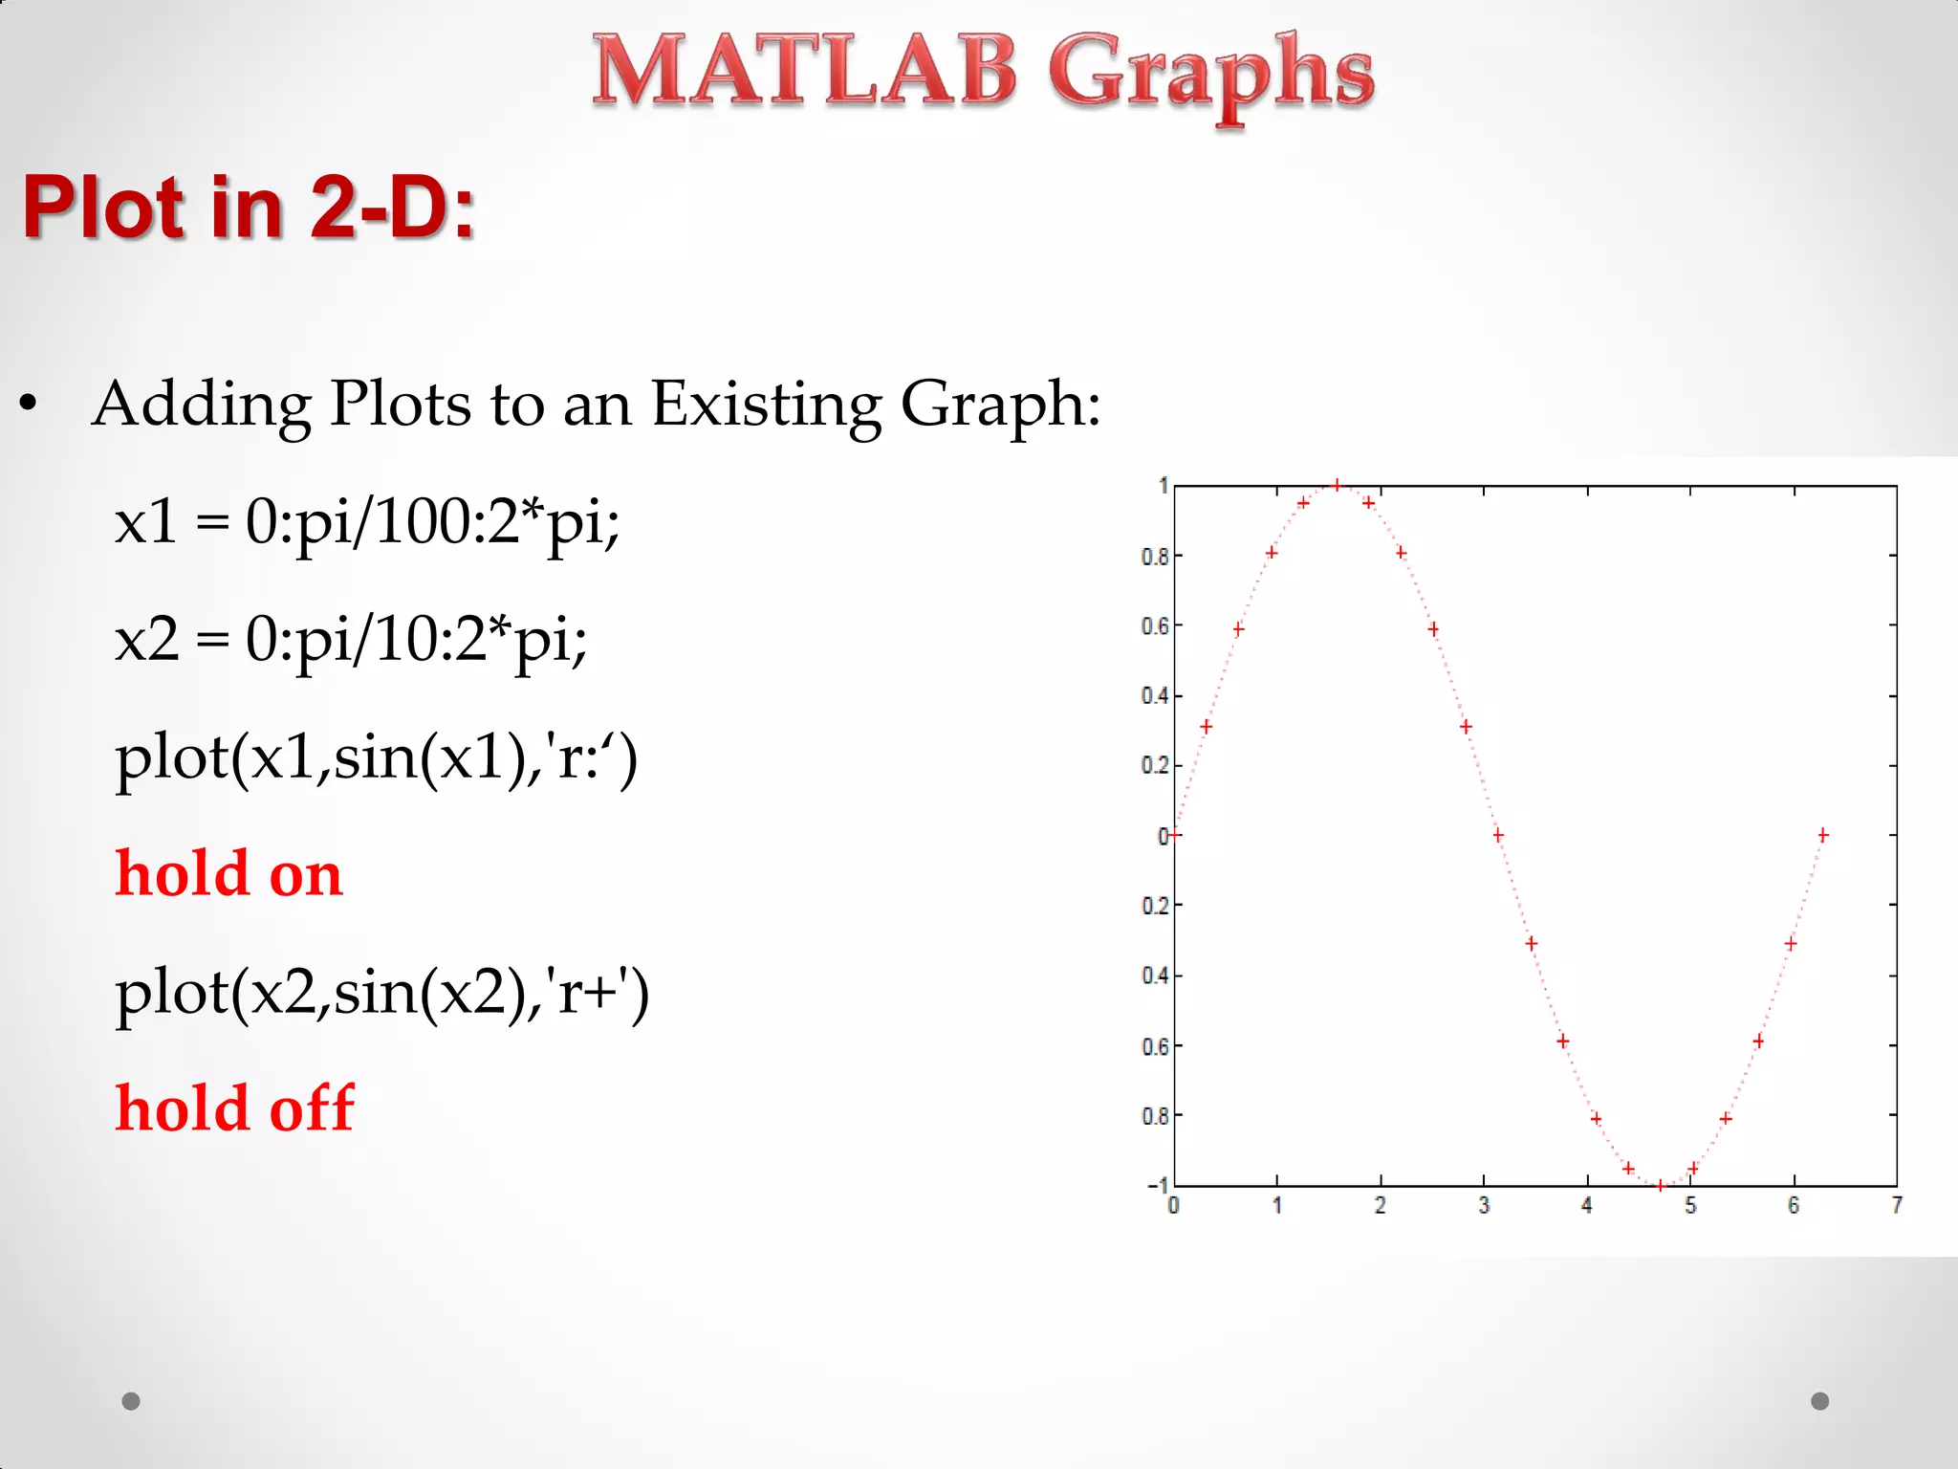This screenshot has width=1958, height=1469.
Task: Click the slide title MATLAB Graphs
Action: pyautogui.click(x=983, y=73)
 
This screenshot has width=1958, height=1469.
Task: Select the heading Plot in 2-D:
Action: pyautogui.click(x=249, y=207)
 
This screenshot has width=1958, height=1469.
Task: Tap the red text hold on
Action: pyautogui.click(x=228, y=873)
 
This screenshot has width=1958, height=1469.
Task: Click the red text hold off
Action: pyautogui.click(x=234, y=1107)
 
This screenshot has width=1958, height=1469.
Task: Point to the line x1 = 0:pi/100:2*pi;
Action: pyautogui.click(x=367, y=523)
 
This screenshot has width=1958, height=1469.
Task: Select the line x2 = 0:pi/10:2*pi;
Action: pyautogui.click(x=351, y=640)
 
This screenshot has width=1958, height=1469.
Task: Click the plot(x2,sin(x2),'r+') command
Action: pyautogui.click(x=381, y=992)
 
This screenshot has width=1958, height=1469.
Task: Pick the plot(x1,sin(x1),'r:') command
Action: pyautogui.click(x=376, y=757)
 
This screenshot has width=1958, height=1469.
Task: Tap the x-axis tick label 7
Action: pyautogui.click(x=1897, y=1206)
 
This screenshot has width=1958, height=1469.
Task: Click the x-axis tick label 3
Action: pyautogui.click(x=1484, y=1206)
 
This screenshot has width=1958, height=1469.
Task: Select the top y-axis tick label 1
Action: pyautogui.click(x=1163, y=486)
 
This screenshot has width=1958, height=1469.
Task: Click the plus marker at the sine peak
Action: pyautogui.click(x=1337, y=485)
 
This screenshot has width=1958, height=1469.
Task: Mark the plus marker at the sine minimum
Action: pyautogui.click(x=1661, y=1185)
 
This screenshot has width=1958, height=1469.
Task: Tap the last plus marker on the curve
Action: pyautogui.click(x=1823, y=835)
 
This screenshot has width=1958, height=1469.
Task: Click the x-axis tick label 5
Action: pyautogui.click(x=1690, y=1206)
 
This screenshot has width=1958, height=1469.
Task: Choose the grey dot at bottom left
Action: pyautogui.click(x=131, y=1401)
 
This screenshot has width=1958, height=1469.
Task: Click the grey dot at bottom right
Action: pyautogui.click(x=1820, y=1401)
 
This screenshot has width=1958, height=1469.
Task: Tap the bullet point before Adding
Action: pyautogui.click(x=29, y=405)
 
